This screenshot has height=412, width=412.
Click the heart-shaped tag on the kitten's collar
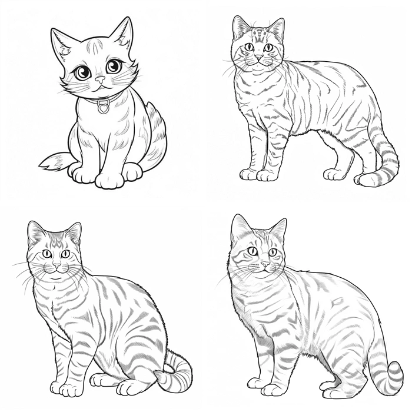tap(104, 108)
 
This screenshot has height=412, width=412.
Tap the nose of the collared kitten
tap(100, 79)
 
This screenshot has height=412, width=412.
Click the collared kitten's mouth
tap(101, 86)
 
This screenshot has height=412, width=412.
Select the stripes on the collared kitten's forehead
tap(95, 46)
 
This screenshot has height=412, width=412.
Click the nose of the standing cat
tap(258, 57)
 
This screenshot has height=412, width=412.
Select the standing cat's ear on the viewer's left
tap(240, 28)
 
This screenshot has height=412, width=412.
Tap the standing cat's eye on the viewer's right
tap(268, 47)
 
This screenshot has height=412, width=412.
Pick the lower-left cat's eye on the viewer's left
tap(46, 254)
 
